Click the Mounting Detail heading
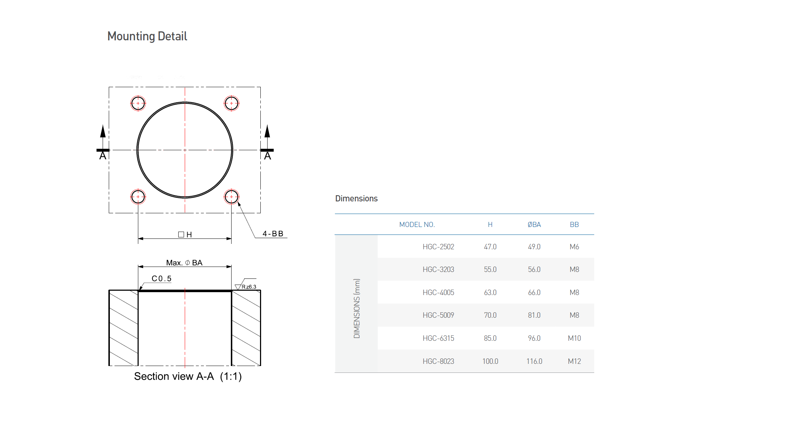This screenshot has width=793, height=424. [x=147, y=36]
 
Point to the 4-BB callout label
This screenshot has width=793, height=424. [x=273, y=234]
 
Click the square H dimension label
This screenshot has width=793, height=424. [x=185, y=235]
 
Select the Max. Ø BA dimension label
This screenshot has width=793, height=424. [x=184, y=263]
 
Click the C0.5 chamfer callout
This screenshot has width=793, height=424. [x=161, y=278]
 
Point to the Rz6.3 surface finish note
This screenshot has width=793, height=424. [x=249, y=287]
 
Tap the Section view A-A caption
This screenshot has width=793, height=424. [x=188, y=376]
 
